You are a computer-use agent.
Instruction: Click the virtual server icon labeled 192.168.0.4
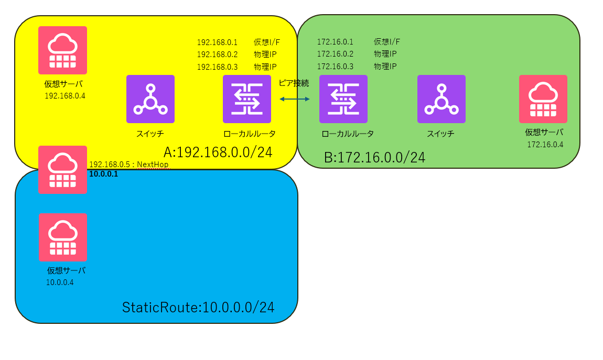click(x=62, y=50)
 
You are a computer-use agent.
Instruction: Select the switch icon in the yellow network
click(x=150, y=99)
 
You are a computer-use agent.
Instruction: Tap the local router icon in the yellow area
click(x=247, y=99)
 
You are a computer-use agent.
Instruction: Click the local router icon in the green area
click(x=343, y=99)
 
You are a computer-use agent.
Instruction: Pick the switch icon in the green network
click(x=442, y=99)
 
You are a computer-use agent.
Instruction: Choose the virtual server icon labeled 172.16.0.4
click(x=543, y=99)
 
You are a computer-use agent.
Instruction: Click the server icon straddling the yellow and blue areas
click(x=62, y=170)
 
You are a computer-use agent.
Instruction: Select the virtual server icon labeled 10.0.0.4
click(x=62, y=237)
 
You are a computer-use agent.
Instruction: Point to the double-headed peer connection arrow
click(x=295, y=99)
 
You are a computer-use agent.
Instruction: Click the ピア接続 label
click(x=294, y=83)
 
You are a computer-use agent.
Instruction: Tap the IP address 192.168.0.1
click(x=217, y=42)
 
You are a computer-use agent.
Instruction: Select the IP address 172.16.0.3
click(x=335, y=67)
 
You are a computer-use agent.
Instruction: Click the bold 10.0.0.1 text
click(x=104, y=174)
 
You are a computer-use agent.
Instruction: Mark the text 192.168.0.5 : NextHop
click(x=129, y=165)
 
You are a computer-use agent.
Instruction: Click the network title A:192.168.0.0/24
click(x=218, y=152)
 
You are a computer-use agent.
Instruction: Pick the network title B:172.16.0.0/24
click(x=374, y=157)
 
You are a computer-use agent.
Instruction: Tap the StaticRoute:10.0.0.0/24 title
click(x=198, y=308)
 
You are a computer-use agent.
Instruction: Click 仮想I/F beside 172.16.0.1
click(x=387, y=42)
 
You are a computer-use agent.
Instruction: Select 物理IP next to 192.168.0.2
click(x=265, y=54)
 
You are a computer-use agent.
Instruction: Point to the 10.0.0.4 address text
click(x=60, y=282)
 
